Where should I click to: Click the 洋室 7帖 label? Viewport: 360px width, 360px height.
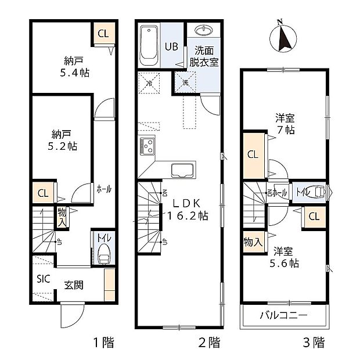coord(285,123)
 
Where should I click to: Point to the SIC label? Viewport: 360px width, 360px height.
coord(44,278)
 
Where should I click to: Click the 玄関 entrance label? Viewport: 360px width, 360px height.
coord(74,285)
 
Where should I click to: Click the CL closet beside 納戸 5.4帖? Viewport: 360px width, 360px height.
coord(103,34)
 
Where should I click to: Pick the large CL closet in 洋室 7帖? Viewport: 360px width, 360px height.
coord(253,155)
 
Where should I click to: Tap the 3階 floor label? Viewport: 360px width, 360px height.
coord(314,343)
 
